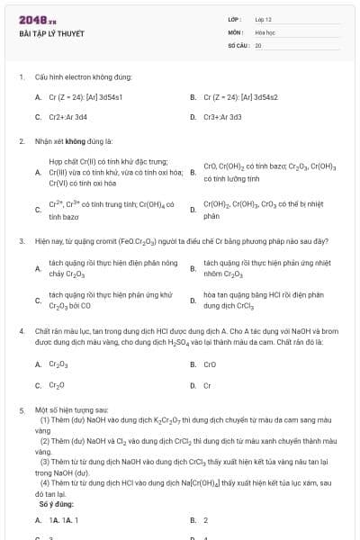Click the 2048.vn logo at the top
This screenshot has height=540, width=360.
38,19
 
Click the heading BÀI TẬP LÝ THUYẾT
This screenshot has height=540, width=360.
51,33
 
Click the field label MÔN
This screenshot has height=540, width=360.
235,31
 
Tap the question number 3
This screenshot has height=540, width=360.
21,241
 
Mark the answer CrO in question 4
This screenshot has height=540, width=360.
210,364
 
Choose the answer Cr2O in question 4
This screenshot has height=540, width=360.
57,385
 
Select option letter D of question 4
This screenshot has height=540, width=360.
193,385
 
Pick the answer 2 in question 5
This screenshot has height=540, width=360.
206,520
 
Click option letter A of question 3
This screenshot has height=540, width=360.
38,267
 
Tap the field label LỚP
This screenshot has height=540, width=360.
236,19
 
